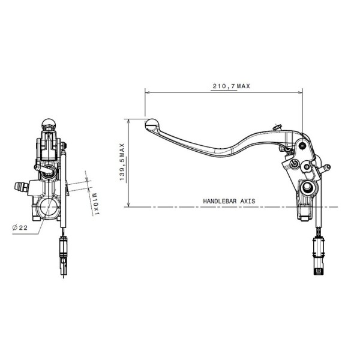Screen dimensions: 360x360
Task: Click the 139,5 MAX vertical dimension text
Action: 122,162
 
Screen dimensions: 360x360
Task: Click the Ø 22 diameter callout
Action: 20,227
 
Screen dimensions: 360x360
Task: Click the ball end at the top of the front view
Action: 49,125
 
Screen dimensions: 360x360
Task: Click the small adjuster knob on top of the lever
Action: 277,127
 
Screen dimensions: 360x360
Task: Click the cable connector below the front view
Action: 64,252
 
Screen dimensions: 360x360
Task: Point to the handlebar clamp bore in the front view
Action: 47,208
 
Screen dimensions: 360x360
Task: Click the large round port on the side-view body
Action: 308,188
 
